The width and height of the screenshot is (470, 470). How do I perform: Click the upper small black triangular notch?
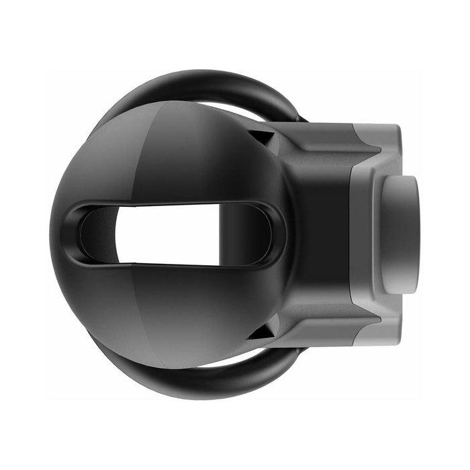tap(264, 137)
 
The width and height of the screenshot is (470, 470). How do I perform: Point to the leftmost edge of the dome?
tap(52, 234)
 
